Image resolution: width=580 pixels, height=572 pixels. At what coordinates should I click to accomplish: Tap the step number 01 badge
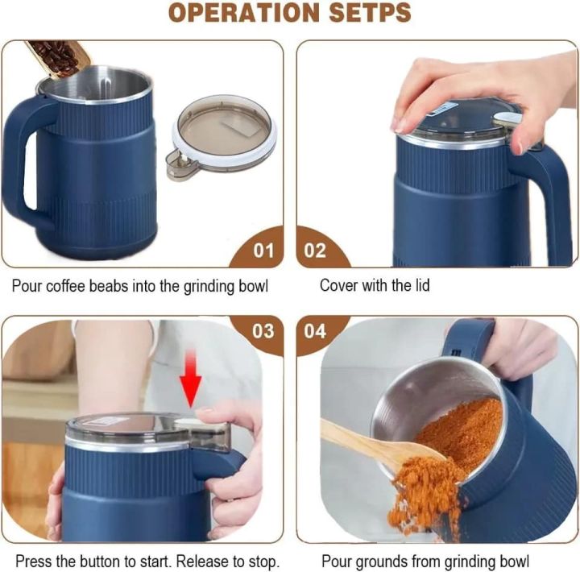[x=263, y=250]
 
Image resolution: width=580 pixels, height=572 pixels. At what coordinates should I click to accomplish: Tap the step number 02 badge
[x=315, y=250]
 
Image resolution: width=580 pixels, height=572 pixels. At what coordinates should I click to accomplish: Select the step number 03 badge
[x=263, y=331]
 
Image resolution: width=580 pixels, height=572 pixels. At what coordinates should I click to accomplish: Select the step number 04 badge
[x=315, y=331]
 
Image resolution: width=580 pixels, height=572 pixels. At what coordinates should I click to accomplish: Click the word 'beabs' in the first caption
[x=119, y=285]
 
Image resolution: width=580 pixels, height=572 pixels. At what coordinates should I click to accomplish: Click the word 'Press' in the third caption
[x=30, y=561]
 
